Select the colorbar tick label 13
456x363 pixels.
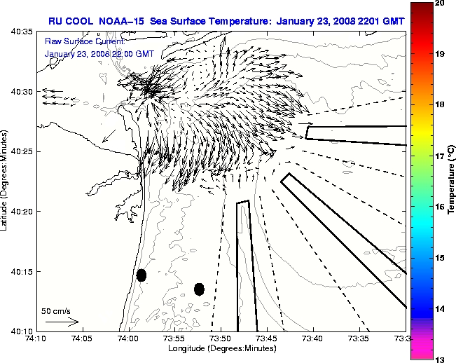pos(440,359)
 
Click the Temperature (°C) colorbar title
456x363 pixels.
pos(452,181)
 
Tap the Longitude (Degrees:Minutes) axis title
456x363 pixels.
pos(221,348)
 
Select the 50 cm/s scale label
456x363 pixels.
pos(56,311)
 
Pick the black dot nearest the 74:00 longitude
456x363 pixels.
pos(141,275)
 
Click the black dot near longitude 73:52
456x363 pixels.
pos(199,289)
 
